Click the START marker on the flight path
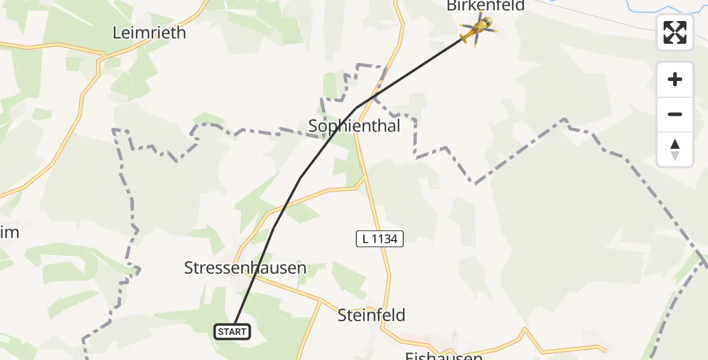[x=232, y=332]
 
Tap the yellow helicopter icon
[x=476, y=28]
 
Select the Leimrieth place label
[x=149, y=33]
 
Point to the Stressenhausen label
[x=245, y=268]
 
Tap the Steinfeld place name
[x=371, y=315]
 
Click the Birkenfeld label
[x=485, y=6]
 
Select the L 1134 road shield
[x=380, y=239]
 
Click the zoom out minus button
[x=675, y=115]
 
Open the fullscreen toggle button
[x=675, y=32]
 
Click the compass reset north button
[x=675, y=149]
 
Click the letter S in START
[x=220, y=332]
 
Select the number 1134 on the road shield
[x=384, y=239]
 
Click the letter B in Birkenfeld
[x=451, y=6]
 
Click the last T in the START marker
[x=244, y=332]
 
